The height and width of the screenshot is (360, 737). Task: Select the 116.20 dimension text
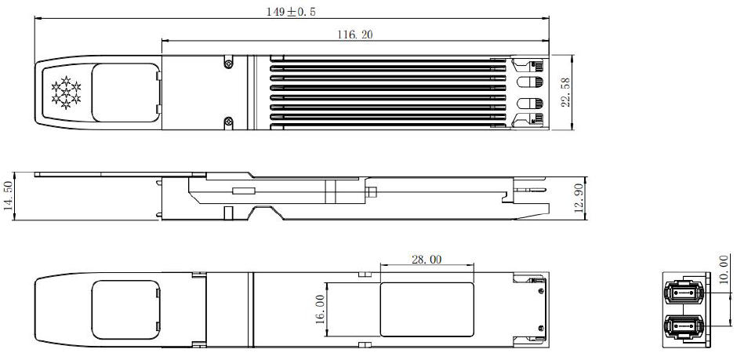[x=354, y=35]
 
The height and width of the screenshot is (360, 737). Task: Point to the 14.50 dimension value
[x=9, y=196]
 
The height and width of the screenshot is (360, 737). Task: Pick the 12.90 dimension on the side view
[x=579, y=197]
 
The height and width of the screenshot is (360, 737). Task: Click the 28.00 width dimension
[x=426, y=260]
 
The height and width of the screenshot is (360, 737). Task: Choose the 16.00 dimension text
[x=319, y=309]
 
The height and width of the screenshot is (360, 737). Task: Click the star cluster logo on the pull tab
[x=67, y=92]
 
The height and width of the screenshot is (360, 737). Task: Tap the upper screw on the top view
[x=228, y=63]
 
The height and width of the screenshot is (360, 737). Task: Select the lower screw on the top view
[x=228, y=121]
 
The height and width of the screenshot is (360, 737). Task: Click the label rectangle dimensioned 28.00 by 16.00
[x=427, y=309]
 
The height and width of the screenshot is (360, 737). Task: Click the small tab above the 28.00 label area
[x=363, y=275]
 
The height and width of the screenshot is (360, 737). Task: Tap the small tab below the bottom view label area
[x=363, y=345]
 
